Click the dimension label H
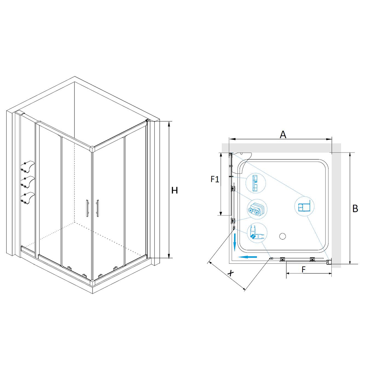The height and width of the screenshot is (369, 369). pos(175,190)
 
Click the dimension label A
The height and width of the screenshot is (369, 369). pos(283,135)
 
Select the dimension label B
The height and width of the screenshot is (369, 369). pos(355,208)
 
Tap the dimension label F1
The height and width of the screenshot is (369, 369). pos(215,180)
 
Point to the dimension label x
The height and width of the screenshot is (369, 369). pos(231,273)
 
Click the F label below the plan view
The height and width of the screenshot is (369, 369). pos(304,269)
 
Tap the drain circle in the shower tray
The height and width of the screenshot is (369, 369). pos(282,236)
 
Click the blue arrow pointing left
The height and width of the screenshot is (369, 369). pos(247,257)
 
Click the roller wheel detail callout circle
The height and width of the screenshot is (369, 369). pos(257,209)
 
